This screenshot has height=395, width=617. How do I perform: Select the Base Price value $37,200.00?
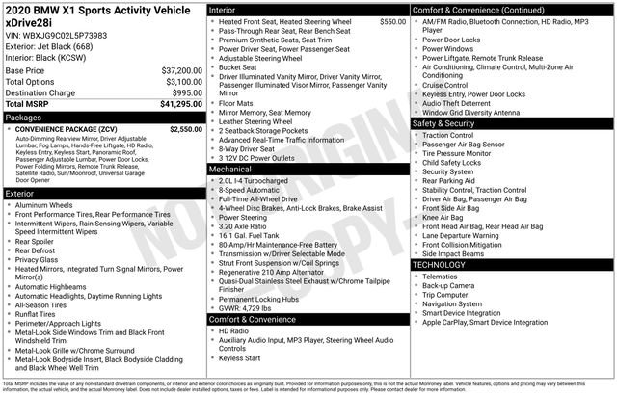pos(180,71)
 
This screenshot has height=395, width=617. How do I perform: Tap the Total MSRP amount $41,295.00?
pos(178,103)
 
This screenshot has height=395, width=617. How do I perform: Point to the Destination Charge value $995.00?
pos(183,92)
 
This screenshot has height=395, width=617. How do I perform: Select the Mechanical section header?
pos(230,169)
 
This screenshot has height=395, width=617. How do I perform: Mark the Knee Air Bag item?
pos(443,218)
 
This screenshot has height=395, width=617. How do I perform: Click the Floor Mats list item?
pos(235,102)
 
